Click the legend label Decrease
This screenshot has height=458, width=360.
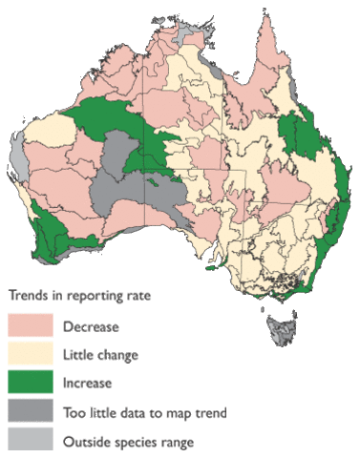point(91,326)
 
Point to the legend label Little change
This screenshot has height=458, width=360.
point(101,355)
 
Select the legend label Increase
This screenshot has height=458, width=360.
point(88,384)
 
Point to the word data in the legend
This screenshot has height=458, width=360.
point(135,412)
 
